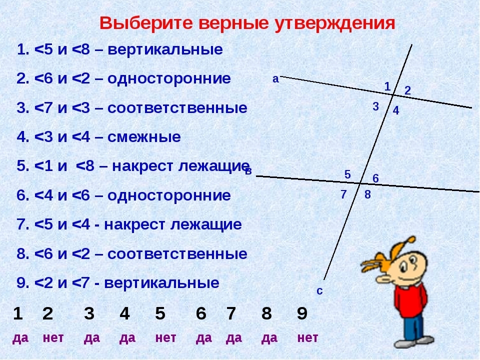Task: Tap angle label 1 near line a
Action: click(x=387, y=86)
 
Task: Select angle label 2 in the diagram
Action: click(x=407, y=90)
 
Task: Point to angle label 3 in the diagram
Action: click(x=376, y=106)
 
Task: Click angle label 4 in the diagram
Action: click(x=396, y=110)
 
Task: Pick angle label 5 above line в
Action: click(x=347, y=174)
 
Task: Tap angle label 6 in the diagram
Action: click(x=375, y=178)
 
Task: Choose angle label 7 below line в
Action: click(x=343, y=194)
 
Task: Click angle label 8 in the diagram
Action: click(x=367, y=194)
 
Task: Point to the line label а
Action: click(x=275, y=79)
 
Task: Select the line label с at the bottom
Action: click(x=319, y=291)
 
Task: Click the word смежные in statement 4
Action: click(x=144, y=137)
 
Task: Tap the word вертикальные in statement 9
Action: click(x=161, y=282)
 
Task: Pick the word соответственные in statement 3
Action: click(x=177, y=108)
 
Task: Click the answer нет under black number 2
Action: click(x=53, y=338)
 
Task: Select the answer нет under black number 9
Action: click(x=307, y=338)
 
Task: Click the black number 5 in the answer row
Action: click(x=160, y=313)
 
